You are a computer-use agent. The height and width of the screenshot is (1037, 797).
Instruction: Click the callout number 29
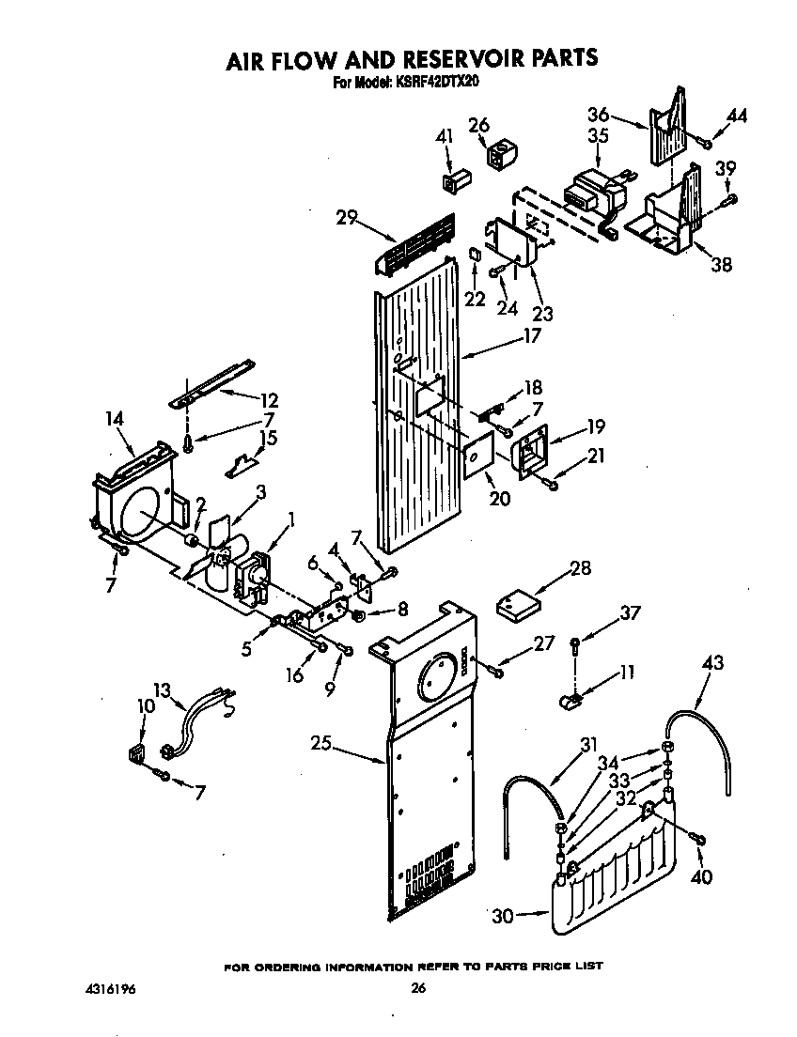tap(347, 217)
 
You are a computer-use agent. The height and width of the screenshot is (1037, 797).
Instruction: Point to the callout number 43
tap(712, 663)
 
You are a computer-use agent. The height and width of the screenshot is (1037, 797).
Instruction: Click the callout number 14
tap(116, 420)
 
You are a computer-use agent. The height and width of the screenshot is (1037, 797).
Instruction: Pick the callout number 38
tap(721, 264)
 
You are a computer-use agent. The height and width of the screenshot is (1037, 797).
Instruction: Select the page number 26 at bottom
tap(419, 988)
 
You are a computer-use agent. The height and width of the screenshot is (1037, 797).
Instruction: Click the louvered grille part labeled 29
tap(414, 243)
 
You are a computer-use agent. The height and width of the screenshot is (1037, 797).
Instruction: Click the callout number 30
tap(503, 916)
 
